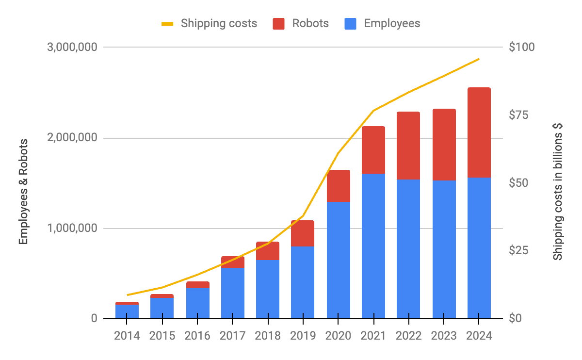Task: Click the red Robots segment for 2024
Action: [x=479, y=132]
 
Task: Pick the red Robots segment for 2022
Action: [x=408, y=146]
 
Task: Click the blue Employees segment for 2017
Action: [x=233, y=293]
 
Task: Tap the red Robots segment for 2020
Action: [x=339, y=186]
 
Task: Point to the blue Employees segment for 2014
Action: [x=127, y=311]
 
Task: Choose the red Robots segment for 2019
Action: [x=303, y=233]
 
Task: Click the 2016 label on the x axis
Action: [x=197, y=336]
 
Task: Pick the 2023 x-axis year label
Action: [x=444, y=336]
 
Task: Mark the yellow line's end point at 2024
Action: [x=479, y=59]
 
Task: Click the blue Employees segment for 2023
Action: [x=444, y=249]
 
